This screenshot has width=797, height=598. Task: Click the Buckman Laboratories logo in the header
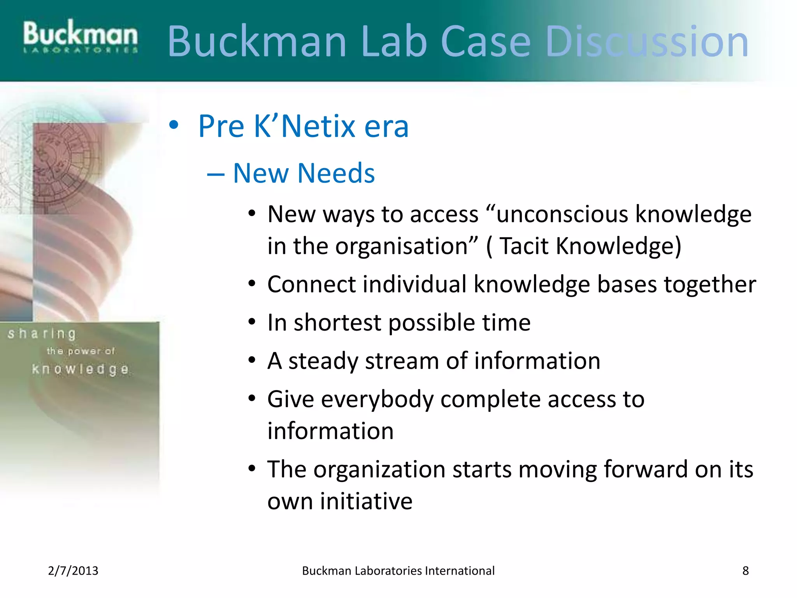pos(80,37)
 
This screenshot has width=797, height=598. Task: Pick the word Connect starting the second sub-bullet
pos(311,284)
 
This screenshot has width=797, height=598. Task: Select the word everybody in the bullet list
pos(377,400)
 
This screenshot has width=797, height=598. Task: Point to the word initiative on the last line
pos(366,501)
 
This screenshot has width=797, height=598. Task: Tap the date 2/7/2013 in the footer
pos(73,571)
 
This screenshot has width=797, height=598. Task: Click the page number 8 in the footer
pos(745,571)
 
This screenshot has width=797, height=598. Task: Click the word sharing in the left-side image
pos(42,334)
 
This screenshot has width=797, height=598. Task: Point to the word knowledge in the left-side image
pos(80,369)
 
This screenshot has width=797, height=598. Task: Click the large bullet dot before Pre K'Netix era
pos(174,125)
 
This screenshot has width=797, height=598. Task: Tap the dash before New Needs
pos(216,174)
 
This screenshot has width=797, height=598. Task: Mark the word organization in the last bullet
pos(379,469)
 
